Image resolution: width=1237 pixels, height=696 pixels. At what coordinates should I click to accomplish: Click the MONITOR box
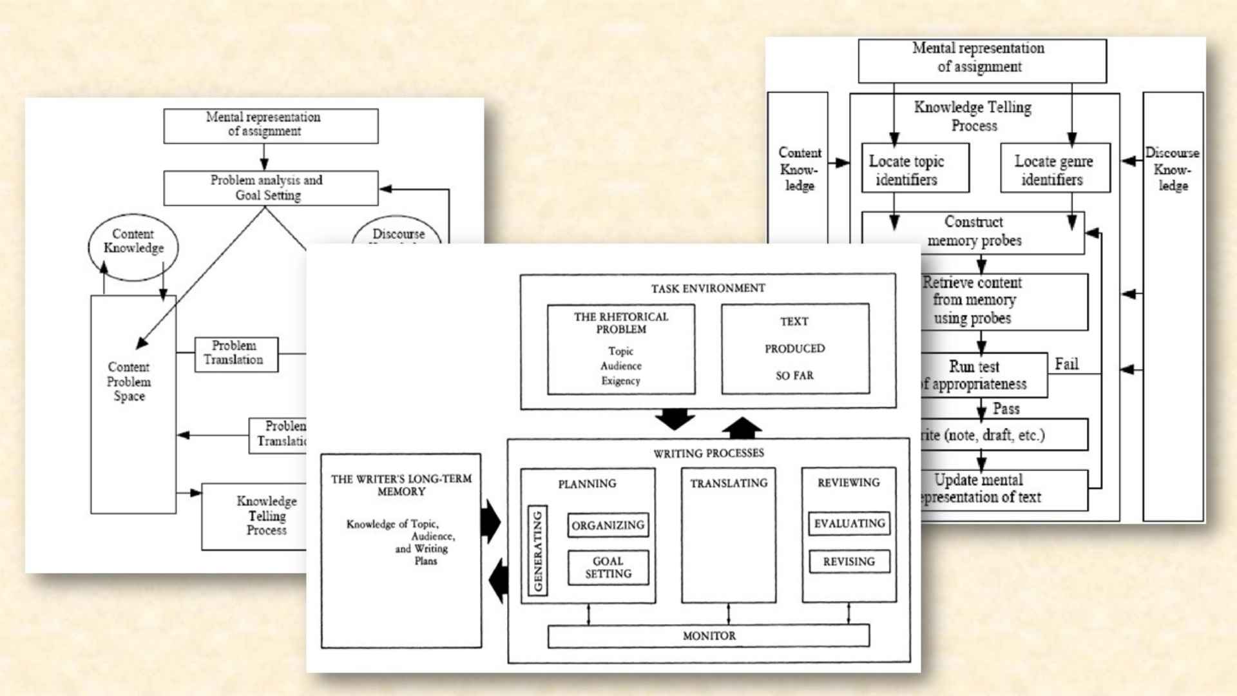pyautogui.click(x=708, y=636)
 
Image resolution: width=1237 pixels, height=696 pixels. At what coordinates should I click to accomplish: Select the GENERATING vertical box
pyautogui.click(x=538, y=550)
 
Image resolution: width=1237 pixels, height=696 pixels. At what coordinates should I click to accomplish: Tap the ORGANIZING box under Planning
pyautogui.click(x=608, y=525)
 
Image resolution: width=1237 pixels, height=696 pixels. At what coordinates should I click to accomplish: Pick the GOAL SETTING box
pyautogui.click(x=608, y=567)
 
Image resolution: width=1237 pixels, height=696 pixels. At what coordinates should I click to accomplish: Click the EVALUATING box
pyautogui.click(x=849, y=523)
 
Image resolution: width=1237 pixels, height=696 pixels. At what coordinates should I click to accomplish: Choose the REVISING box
pyautogui.click(x=849, y=561)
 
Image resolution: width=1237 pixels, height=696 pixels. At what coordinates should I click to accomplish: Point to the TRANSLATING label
pyautogui.click(x=729, y=483)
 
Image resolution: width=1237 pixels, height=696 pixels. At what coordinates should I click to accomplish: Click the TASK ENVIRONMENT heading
pyautogui.click(x=708, y=288)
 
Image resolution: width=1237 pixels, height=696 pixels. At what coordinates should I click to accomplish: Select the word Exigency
pyautogui.click(x=620, y=381)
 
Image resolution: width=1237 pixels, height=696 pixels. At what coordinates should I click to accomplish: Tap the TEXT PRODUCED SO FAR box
pyautogui.click(x=795, y=349)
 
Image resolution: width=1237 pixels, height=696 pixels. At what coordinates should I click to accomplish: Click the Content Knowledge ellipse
pyautogui.click(x=133, y=246)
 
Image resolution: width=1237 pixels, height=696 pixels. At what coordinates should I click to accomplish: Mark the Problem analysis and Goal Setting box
pyautogui.click(x=271, y=188)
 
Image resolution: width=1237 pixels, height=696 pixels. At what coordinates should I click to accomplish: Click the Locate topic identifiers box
pyautogui.click(x=915, y=168)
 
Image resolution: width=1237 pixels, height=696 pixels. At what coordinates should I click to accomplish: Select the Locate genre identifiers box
pyautogui.click(x=1055, y=168)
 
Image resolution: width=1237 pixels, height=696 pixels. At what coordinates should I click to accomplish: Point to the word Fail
pyautogui.click(x=1066, y=364)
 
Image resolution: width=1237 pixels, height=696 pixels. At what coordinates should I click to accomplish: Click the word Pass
pyautogui.click(x=1006, y=409)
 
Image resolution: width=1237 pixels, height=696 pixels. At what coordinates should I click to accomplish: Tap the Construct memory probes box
pyautogui.click(x=973, y=232)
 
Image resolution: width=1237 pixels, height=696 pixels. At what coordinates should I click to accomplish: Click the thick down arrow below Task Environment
pyautogui.click(x=675, y=419)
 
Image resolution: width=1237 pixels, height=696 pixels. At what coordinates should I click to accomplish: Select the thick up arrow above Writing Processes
pyautogui.click(x=742, y=427)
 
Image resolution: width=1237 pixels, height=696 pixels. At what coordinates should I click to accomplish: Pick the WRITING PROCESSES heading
pyautogui.click(x=708, y=453)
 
